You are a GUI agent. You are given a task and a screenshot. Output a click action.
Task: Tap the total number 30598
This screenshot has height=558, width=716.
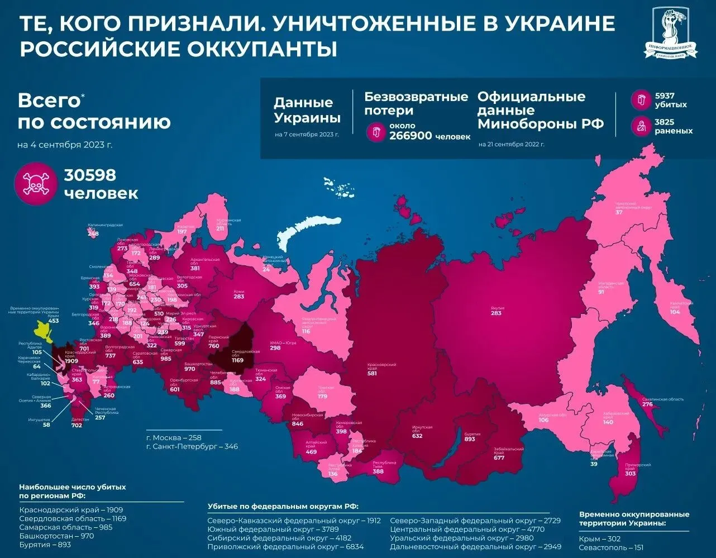tap(90, 175)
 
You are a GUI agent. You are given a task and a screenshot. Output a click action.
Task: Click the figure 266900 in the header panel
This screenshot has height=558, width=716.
tap(410, 136)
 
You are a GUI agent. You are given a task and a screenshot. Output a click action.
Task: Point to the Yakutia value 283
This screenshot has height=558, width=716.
tap(496, 313)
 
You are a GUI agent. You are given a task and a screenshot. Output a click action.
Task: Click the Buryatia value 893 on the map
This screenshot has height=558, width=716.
tap(470, 439)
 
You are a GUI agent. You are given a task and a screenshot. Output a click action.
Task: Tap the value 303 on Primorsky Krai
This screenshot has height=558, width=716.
tap(630, 473)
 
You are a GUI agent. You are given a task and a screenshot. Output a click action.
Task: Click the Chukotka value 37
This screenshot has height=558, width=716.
tap(619, 213)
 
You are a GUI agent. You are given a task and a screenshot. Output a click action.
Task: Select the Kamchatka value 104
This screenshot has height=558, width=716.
tap(675, 312)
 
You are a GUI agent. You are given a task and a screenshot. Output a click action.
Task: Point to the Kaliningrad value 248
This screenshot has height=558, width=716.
tap(93, 233)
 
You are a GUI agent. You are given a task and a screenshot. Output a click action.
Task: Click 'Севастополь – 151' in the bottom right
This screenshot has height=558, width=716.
tap(611, 548)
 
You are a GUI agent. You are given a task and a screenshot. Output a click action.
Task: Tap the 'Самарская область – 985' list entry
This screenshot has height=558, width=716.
tap(65, 527)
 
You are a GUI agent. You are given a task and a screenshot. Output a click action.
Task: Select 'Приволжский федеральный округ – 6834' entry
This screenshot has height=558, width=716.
tap(285, 547)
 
